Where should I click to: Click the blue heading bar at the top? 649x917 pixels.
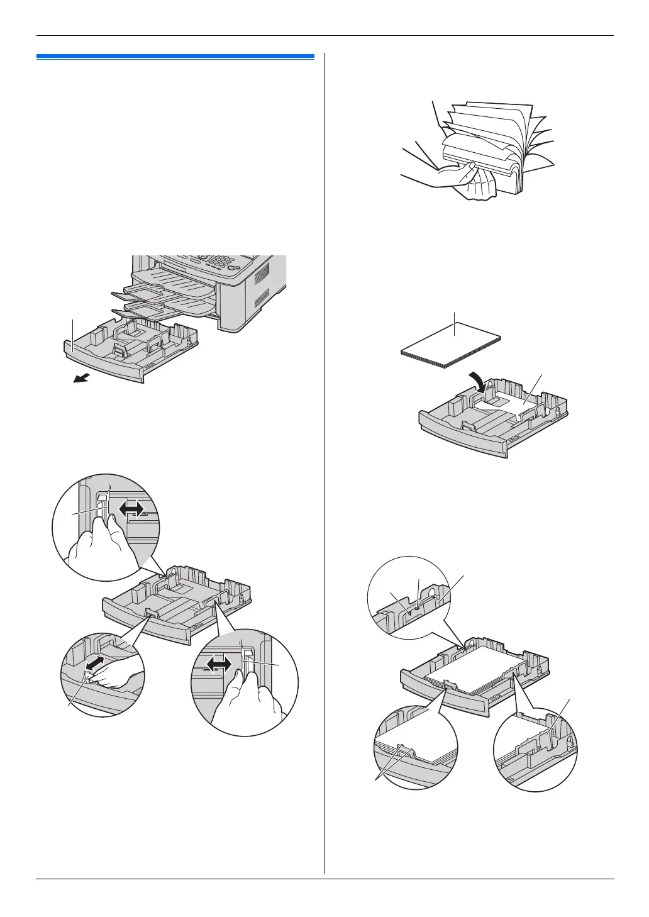tap(175, 57)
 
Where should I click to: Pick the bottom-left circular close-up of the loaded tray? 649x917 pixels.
tap(415, 748)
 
